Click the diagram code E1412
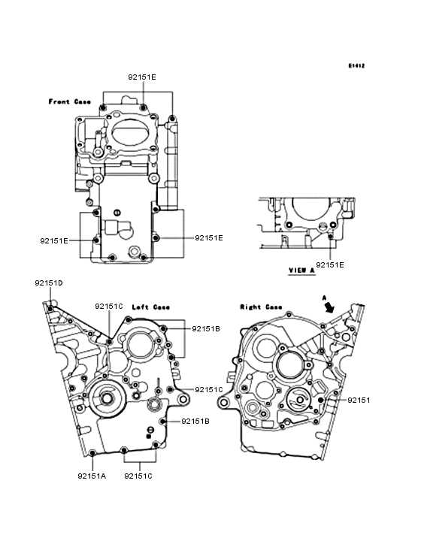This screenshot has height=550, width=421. coord(356,65)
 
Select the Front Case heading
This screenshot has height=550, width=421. coord(69,101)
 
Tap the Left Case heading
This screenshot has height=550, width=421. coord(151,307)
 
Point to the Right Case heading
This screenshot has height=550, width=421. coord(261,307)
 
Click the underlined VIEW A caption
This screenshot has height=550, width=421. coord(301,270)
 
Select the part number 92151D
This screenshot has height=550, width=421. coord(49,283)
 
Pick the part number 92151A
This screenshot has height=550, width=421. coord(92,476)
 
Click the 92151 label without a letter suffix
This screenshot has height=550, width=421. coord(359,400)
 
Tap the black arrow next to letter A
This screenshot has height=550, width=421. coord(329,307)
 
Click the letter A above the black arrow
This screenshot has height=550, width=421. coord(325,298)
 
